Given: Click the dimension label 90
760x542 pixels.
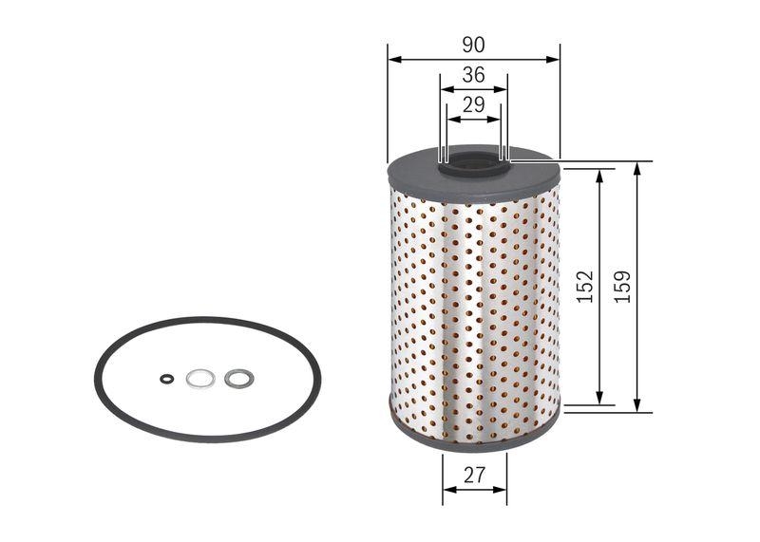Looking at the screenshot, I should point(474,45).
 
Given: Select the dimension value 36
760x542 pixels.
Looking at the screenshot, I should point(473,75).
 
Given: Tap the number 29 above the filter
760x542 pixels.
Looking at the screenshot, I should point(473,105).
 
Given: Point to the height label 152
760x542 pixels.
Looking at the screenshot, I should point(584,286).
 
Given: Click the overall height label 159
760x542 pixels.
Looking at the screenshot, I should point(622,286).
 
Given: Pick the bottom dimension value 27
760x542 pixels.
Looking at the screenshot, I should point(474,477).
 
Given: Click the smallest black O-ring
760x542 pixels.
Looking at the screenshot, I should point(166,379).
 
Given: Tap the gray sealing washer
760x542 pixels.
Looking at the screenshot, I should point(238,379).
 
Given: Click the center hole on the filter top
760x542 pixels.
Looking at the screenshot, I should point(473,164).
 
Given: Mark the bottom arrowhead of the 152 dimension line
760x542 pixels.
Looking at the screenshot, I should point(599,400).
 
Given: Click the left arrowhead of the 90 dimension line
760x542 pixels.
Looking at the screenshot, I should point(393,59).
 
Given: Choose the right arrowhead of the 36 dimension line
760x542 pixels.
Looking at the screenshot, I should point(502,90).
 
